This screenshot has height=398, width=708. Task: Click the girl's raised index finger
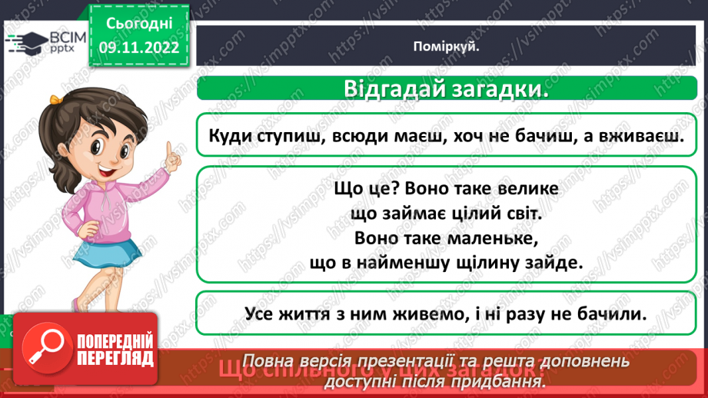click(x=171, y=148)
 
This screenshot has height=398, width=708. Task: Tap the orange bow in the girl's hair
click(x=56, y=99)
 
